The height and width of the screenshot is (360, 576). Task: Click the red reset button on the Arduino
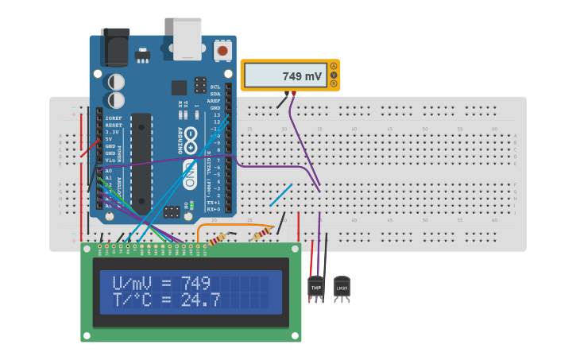[x=222, y=50]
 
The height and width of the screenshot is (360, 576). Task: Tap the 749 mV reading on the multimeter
[x=302, y=77]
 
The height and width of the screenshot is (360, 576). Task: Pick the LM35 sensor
[x=342, y=285]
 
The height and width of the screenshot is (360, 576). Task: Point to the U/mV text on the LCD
[x=133, y=284]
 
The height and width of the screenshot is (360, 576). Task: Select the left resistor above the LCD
[x=220, y=238]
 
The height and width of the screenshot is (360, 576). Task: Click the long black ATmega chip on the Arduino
[x=141, y=163]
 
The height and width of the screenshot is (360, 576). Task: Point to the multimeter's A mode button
[x=334, y=66]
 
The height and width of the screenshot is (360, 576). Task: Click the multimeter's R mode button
[x=334, y=83]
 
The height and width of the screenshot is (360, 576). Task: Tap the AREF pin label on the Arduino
[x=214, y=101]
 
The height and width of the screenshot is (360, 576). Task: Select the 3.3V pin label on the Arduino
[x=113, y=132]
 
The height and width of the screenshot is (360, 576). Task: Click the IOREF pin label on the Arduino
[x=114, y=118]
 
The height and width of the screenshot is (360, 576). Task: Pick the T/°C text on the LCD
[x=133, y=300]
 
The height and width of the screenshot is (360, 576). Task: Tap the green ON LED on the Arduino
[x=191, y=204]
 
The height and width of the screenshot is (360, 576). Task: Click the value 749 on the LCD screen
[x=195, y=284]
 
